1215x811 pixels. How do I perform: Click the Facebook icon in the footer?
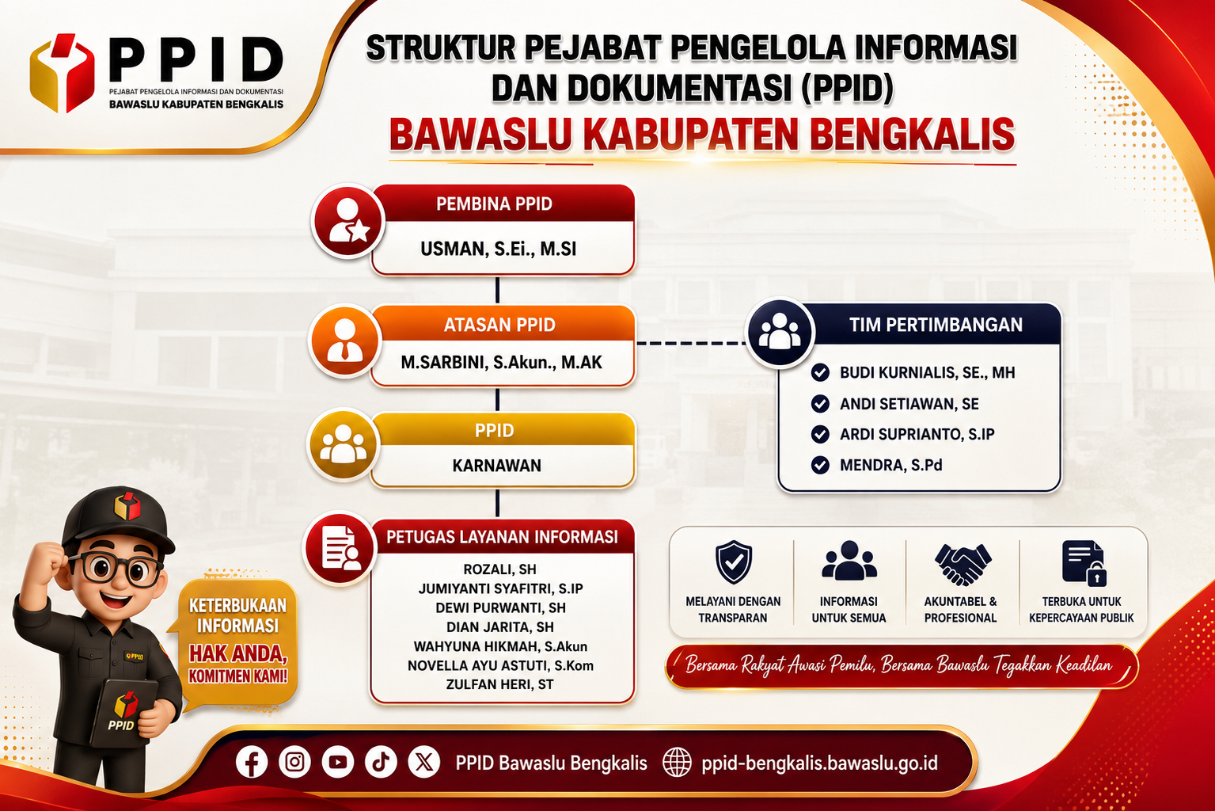pyautogui.click(x=252, y=762)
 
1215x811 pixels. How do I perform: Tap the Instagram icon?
pyautogui.click(x=294, y=762)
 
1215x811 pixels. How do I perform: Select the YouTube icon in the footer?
pyautogui.click(x=337, y=762)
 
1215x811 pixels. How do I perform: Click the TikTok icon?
pyautogui.click(x=381, y=762)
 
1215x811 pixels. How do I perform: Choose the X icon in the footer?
pyautogui.click(x=423, y=762)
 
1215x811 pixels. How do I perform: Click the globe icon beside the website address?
pyautogui.click(x=677, y=762)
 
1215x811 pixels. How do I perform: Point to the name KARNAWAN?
pyautogui.click(x=496, y=466)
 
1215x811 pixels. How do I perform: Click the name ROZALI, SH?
pyautogui.click(x=499, y=569)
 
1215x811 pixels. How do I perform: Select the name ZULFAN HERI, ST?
pyautogui.click(x=499, y=684)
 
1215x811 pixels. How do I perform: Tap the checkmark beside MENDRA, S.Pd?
pyautogui.click(x=819, y=465)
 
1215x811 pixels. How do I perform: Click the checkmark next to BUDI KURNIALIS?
pyautogui.click(x=819, y=372)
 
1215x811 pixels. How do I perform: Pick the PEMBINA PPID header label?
pyautogui.click(x=494, y=204)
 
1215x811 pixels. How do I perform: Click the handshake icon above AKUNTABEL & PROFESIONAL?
pyautogui.click(x=963, y=565)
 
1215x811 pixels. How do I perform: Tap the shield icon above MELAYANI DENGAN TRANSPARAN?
pyautogui.click(x=733, y=562)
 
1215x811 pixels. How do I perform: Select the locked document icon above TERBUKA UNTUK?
pyautogui.click(x=1084, y=563)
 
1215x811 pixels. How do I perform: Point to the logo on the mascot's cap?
pyautogui.click(x=127, y=506)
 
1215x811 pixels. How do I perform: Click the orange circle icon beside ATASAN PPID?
pyautogui.click(x=345, y=341)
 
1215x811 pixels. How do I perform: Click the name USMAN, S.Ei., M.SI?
pyautogui.click(x=498, y=249)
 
